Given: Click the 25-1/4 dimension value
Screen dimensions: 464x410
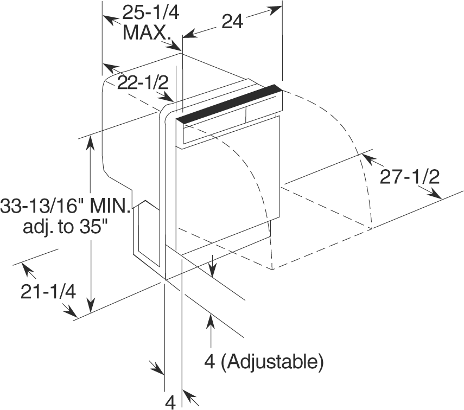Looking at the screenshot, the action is (151, 12).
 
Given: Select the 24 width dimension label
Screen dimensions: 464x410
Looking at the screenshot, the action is (232, 22).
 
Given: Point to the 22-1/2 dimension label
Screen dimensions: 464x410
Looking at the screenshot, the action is (143, 82).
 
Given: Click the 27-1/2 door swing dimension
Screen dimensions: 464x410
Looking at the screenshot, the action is (410, 177).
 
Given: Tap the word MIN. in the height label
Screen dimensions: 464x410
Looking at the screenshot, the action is (110, 206).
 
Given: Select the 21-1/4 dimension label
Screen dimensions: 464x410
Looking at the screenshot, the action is (48, 292).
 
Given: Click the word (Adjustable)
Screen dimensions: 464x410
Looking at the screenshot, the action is (272, 361).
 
